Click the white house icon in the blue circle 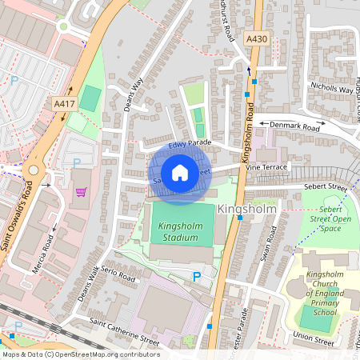coord(180,172)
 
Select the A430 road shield coord(257,38)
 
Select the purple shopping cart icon coord(81,192)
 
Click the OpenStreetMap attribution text coord(81,354)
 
